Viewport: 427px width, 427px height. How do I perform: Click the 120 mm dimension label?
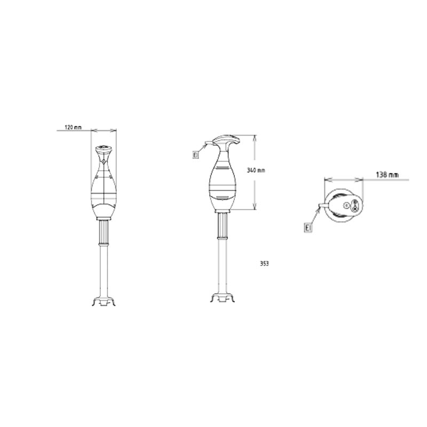coord(73,127)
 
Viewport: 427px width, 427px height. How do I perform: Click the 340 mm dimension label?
coord(256,170)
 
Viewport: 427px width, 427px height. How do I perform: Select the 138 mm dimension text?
coord(387,175)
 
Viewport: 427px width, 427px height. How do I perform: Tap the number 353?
coord(264,264)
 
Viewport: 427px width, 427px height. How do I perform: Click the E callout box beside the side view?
coord(195,155)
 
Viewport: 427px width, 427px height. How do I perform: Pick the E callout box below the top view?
coord(308,227)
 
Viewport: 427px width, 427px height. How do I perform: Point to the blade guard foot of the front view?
coord(104,302)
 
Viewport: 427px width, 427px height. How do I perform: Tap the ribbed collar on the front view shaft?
coord(104,232)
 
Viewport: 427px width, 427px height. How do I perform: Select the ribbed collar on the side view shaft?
coord(223,226)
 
